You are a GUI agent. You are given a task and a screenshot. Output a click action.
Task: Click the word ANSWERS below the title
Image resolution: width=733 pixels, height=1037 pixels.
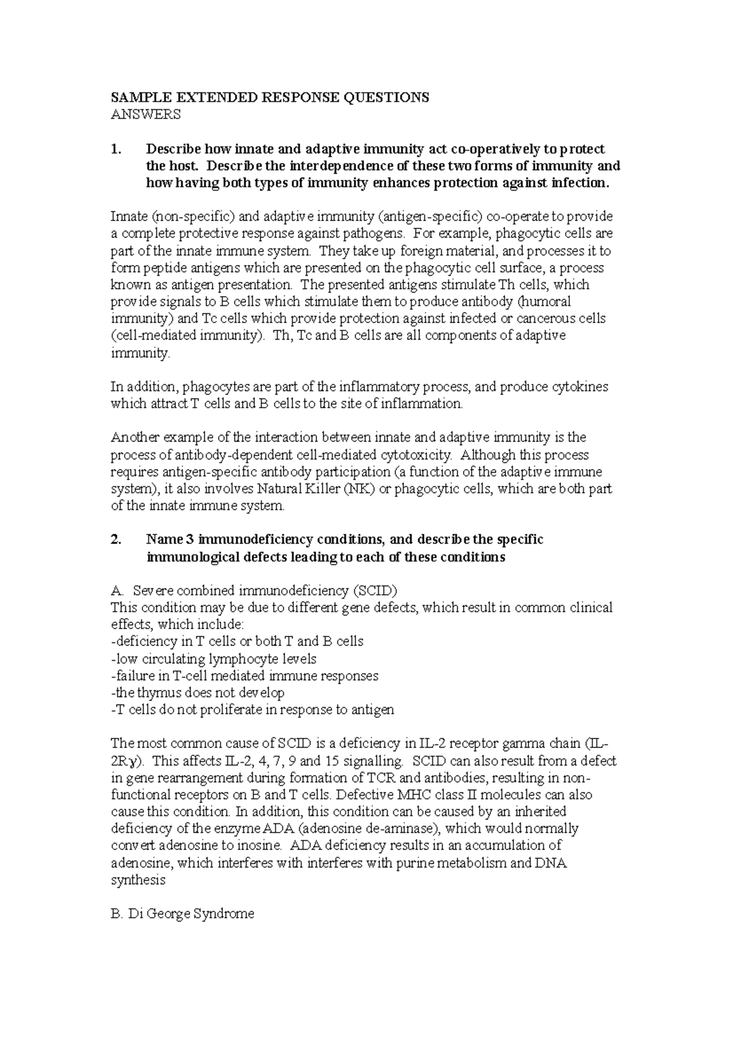point(145,114)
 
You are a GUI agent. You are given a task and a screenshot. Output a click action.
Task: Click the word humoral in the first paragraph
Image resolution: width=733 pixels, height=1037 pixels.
point(547,302)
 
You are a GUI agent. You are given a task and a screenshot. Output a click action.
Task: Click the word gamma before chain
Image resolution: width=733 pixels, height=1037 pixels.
point(523,744)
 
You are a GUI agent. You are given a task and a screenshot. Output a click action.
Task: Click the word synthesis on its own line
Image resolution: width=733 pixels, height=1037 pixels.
point(138,881)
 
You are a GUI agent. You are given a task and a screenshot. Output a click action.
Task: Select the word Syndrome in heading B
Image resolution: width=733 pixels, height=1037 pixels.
point(223,915)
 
